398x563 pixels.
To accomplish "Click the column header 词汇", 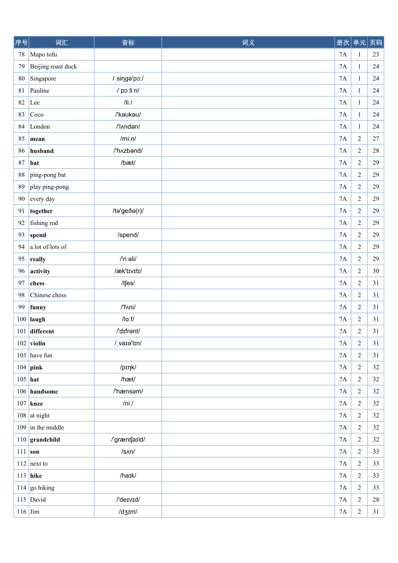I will coord(62,42).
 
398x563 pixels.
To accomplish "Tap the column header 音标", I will coord(128,42).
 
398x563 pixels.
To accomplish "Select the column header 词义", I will coord(248,42).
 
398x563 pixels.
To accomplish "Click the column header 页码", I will coord(376,42).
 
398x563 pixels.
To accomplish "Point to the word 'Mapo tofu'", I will coord(44,54).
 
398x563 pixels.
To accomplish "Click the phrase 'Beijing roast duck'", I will coord(54,67).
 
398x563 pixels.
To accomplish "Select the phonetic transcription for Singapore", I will coord(128,79).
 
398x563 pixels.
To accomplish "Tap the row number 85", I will coord(21,139).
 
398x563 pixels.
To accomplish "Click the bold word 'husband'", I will coord(42,151).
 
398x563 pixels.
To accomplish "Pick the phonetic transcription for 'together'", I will coord(128,211).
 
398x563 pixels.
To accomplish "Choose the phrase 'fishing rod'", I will coord(44,223).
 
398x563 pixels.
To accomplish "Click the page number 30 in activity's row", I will coord(376,271).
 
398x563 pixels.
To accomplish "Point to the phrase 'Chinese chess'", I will coord(48,295).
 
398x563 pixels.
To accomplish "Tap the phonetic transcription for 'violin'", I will coord(128,343).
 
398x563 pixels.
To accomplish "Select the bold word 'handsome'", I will coord(44,392).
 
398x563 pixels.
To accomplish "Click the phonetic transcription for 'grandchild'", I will coord(128,440).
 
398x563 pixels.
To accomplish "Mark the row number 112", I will coord(21,464).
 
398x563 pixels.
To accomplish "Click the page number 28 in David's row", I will coord(376,500).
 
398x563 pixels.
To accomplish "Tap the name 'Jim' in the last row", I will coord(35,512).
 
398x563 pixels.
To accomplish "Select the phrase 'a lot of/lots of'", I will coord(48,247).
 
